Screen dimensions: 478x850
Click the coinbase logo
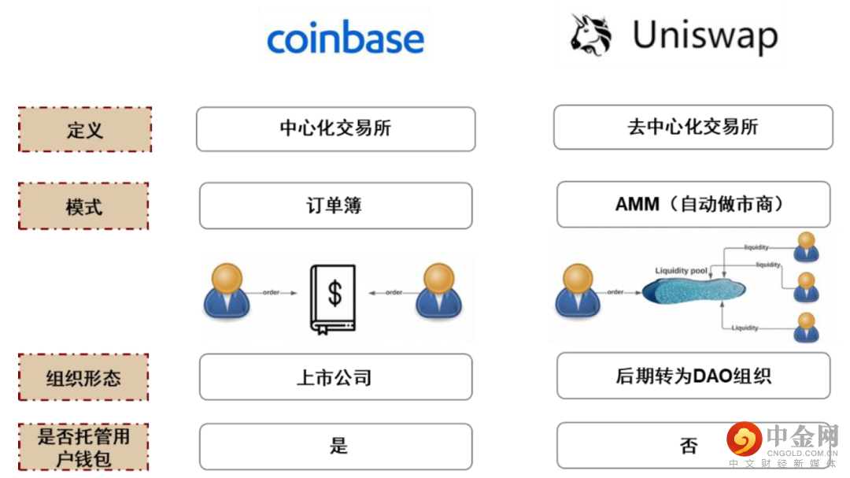pyautogui.click(x=345, y=38)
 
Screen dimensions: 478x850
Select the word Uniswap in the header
pyautogui.click(x=705, y=36)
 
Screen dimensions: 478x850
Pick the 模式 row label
pyautogui.click(x=83, y=207)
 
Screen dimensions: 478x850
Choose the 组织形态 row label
pyautogui.click(x=83, y=377)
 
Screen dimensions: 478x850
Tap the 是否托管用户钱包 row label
pyautogui.click(x=83, y=447)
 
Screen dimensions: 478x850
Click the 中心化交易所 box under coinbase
pyautogui.click(x=335, y=128)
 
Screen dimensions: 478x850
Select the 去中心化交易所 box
pyautogui.click(x=693, y=127)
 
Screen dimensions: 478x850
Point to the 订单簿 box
pyautogui.click(x=335, y=206)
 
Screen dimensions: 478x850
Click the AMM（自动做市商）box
pyautogui.click(x=693, y=205)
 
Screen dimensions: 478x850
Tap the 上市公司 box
pyautogui.click(x=335, y=377)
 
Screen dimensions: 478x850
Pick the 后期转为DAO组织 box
pyautogui.click(x=693, y=376)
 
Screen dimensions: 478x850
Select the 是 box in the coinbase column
pyautogui.click(x=335, y=447)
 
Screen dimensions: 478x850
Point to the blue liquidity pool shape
pyautogui.click(x=693, y=292)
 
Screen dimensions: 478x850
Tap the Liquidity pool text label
pyautogui.click(x=682, y=271)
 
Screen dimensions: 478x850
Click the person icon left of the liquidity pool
pyautogui.click(x=578, y=291)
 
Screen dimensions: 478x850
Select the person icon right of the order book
pyautogui.click(x=439, y=291)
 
